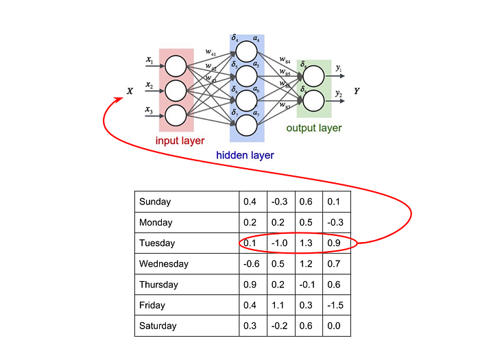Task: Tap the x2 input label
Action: pos(149,86)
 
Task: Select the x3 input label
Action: pos(149,110)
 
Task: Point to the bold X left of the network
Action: pos(130,91)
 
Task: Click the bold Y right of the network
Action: pos(357,91)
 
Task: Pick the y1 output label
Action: pos(339,68)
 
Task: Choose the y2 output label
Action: pos(339,93)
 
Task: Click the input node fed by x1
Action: pos(176,66)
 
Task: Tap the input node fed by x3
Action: pos(176,114)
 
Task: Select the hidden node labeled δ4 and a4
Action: pos(246,51)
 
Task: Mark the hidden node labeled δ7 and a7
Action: pos(246,125)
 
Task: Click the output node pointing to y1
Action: pos(313,75)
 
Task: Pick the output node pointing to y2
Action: pos(313,101)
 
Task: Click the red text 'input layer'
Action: pos(180,141)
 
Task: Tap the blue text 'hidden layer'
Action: pos(245,156)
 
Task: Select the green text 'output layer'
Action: pos(313,128)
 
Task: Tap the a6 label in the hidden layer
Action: pos(256,89)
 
